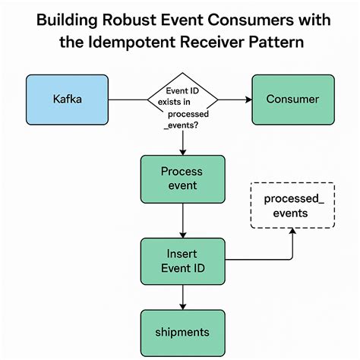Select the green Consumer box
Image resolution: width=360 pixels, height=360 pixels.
coord(292,99)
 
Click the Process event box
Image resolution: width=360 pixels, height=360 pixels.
coord(182,178)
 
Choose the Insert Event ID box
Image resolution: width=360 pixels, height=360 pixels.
coord(182,261)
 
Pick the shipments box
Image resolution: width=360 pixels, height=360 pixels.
coord(182,332)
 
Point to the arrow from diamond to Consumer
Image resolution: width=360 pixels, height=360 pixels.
coord(235,99)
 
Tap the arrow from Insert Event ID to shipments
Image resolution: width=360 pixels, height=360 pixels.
coord(182,297)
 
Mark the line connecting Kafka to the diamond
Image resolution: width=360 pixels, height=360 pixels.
coord(126,99)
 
